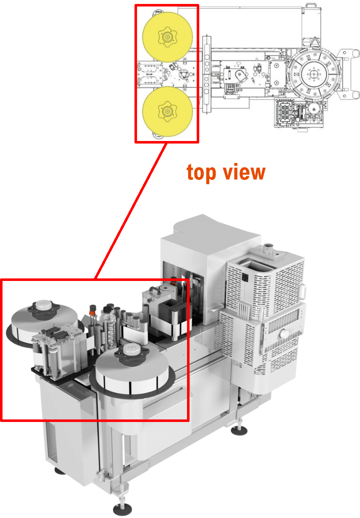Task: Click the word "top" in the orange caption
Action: [x=201, y=173]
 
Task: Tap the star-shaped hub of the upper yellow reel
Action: [x=167, y=37]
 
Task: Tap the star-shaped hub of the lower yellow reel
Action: [x=167, y=112]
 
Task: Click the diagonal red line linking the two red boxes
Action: [x=131, y=211]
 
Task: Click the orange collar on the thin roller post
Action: [x=93, y=313]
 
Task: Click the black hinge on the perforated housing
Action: [x=244, y=277]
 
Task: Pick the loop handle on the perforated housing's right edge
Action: [x=303, y=292]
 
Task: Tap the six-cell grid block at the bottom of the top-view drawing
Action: [x=284, y=112]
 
